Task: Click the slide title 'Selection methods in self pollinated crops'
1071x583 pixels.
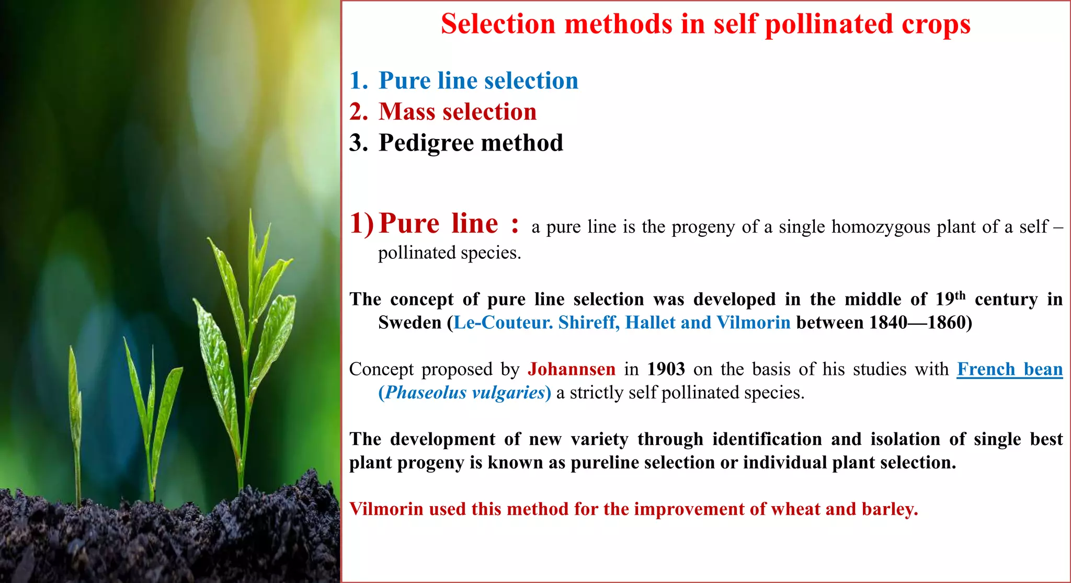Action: pos(705,24)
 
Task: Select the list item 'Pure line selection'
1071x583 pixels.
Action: pos(478,81)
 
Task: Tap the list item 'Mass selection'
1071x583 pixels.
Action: pos(458,112)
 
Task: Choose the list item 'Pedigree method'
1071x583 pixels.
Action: pos(471,143)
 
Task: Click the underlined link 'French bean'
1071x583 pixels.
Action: pos(1009,369)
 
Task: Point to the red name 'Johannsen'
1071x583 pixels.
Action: pos(571,369)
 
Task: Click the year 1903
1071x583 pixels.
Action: pos(666,369)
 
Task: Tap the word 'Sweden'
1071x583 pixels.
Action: pos(410,323)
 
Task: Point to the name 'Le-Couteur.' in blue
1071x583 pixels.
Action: pos(503,323)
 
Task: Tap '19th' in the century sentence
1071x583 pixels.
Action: pos(950,299)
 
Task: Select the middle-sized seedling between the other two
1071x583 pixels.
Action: pos(152,408)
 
